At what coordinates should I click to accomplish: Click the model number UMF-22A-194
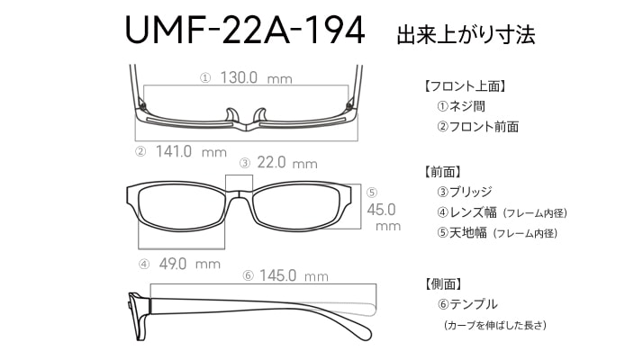tap(245, 30)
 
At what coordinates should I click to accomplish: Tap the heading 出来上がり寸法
tap(466, 35)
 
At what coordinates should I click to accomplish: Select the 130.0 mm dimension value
tap(257, 77)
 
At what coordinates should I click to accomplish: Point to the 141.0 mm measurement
tap(191, 152)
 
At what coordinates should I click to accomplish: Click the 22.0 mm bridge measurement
tap(287, 163)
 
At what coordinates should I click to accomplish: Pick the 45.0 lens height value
tap(381, 210)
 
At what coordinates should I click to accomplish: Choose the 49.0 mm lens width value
tap(190, 264)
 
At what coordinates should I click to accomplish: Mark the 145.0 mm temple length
tap(294, 275)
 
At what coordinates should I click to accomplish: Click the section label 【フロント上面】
tap(464, 86)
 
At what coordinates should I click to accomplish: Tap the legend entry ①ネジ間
tap(461, 106)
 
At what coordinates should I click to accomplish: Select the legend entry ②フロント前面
tap(477, 127)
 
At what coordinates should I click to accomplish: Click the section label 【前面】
tap(441, 172)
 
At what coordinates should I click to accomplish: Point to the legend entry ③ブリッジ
tap(464, 192)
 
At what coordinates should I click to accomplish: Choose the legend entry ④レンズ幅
tap(466, 212)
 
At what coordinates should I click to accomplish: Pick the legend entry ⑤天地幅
tap(462, 233)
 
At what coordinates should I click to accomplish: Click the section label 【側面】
tap(442, 283)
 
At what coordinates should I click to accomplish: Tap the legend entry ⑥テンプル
tap(467, 304)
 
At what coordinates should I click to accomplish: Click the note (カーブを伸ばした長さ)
tap(495, 325)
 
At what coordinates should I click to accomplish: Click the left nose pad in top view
tap(231, 115)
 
